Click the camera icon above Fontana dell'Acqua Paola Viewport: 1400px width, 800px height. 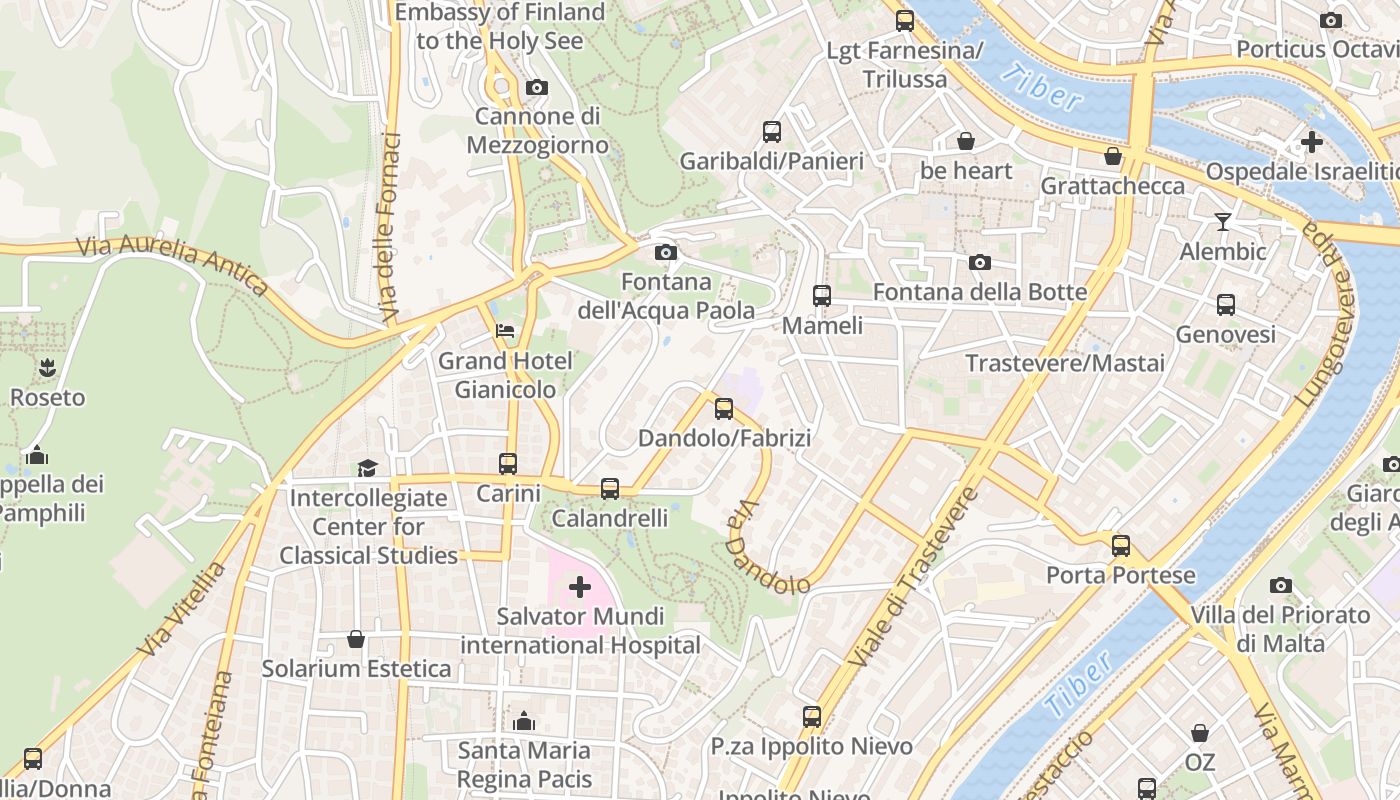point(665,252)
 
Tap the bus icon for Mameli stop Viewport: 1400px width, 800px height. point(822,296)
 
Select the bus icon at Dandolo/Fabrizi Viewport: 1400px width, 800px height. point(724,409)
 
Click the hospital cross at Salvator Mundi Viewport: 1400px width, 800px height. point(579,587)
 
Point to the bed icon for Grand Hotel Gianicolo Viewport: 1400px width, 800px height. point(506,331)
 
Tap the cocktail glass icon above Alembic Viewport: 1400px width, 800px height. point(1222,221)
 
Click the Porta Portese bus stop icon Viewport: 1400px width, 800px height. point(1121,546)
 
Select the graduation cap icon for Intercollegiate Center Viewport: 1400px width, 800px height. point(368,468)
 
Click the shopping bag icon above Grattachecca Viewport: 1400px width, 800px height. point(1112,156)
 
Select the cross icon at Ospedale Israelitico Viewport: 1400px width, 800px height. point(1311,142)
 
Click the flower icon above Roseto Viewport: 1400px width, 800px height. point(47,367)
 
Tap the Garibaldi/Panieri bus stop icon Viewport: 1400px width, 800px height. point(772,131)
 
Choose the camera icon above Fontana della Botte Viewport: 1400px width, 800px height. point(980,262)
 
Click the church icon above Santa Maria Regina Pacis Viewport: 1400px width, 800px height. point(524,721)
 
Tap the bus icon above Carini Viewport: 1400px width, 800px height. point(508,464)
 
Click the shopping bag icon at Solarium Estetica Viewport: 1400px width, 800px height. point(356,639)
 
